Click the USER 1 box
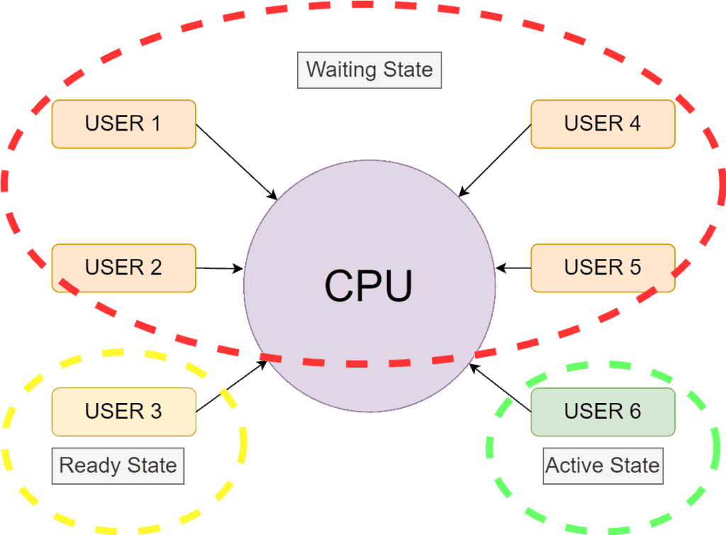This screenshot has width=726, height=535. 123,123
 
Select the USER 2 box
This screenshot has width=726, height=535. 123,267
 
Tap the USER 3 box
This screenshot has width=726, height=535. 123,412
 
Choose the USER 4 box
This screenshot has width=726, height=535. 603,123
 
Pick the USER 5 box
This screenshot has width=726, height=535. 603,267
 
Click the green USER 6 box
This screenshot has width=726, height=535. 603,412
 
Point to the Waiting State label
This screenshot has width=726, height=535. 369,70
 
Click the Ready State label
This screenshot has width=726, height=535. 118,466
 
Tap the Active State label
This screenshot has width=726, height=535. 603,466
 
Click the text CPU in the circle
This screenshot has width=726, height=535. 369,286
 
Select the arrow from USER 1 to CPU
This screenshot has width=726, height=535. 236,162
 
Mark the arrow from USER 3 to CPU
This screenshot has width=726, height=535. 231,386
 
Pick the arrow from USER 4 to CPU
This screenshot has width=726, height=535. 496,160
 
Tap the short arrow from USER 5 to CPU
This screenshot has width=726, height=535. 513,268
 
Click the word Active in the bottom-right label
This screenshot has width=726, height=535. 574,466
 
